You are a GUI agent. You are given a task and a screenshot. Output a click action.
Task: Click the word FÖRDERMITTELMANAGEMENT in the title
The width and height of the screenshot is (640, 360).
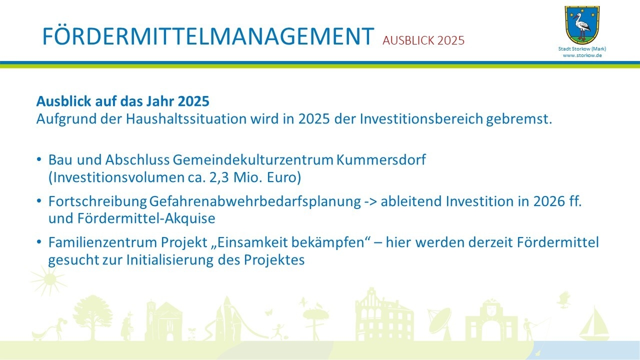208,36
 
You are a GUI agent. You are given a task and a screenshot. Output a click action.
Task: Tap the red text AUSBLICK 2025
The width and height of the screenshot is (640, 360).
423,40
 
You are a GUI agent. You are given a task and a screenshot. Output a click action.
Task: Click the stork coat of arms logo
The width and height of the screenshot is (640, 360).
582,25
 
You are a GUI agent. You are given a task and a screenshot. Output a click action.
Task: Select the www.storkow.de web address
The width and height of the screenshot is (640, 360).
582,55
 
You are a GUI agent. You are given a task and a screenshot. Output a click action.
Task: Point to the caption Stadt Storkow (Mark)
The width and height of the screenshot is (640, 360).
582,49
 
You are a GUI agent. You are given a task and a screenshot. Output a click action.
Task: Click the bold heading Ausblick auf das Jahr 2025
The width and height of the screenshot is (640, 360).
123,101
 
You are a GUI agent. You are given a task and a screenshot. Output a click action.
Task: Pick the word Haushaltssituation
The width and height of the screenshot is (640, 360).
186,119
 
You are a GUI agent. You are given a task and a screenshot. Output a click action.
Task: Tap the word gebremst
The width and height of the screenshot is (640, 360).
519,119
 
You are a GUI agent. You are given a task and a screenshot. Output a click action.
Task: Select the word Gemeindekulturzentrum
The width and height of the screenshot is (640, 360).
253,159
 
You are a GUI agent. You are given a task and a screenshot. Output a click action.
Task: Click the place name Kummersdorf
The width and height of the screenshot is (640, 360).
381,159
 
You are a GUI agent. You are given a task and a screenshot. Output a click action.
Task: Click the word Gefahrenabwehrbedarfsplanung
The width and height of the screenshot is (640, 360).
255,201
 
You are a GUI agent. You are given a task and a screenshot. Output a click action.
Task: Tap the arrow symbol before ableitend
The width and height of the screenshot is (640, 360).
370,202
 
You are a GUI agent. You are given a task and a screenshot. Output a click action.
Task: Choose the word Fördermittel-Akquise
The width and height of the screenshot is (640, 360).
146,218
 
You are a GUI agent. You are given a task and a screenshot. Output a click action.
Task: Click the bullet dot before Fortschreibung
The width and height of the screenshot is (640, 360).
39,200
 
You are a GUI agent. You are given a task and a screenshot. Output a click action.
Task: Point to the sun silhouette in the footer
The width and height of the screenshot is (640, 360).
49,279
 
